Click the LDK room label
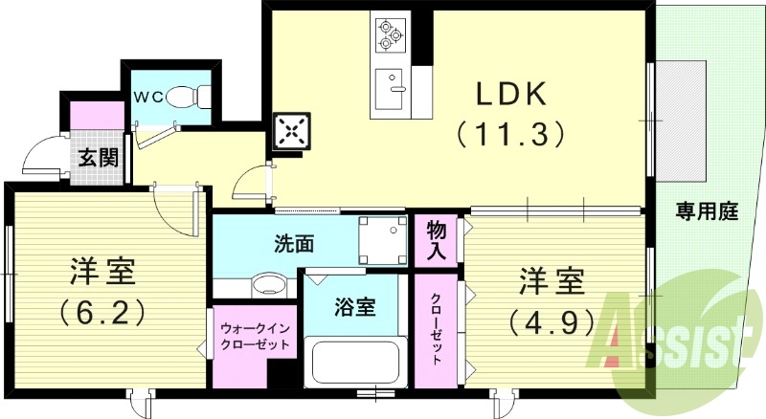tap(511, 94)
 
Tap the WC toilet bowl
tap(183, 96)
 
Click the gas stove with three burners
tap(390, 34)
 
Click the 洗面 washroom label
tap(294, 243)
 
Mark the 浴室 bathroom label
tap(353, 307)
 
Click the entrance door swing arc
tap(42, 155)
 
